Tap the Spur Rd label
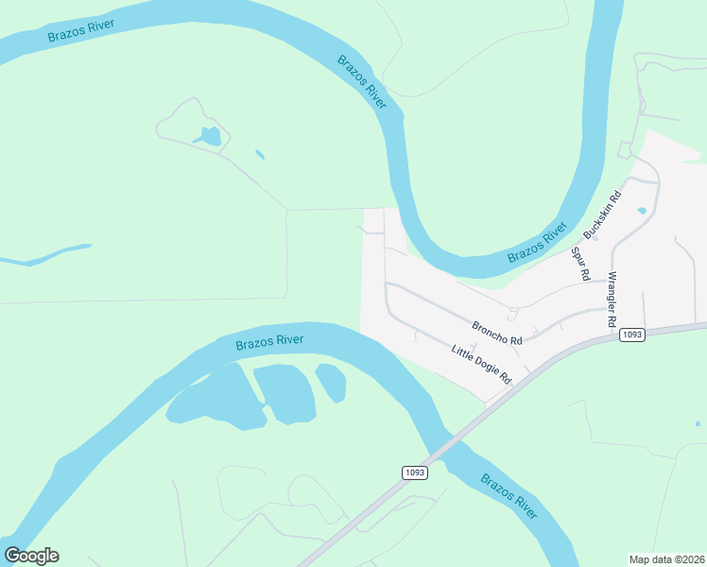pos(580,265)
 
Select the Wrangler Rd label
pos(612,300)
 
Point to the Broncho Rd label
pos(497,332)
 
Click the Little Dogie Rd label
pos(481,364)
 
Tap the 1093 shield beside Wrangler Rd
pos(632,335)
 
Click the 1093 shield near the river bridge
pos(414,472)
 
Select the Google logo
pos(31,556)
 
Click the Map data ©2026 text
pos(666,559)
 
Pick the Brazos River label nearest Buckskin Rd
pos(537,244)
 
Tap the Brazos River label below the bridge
pos(509,496)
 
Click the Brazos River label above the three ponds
pos(269,341)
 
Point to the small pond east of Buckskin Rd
pos(643,210)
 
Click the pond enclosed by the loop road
pos(210,137)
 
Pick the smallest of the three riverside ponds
pos(330,382)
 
